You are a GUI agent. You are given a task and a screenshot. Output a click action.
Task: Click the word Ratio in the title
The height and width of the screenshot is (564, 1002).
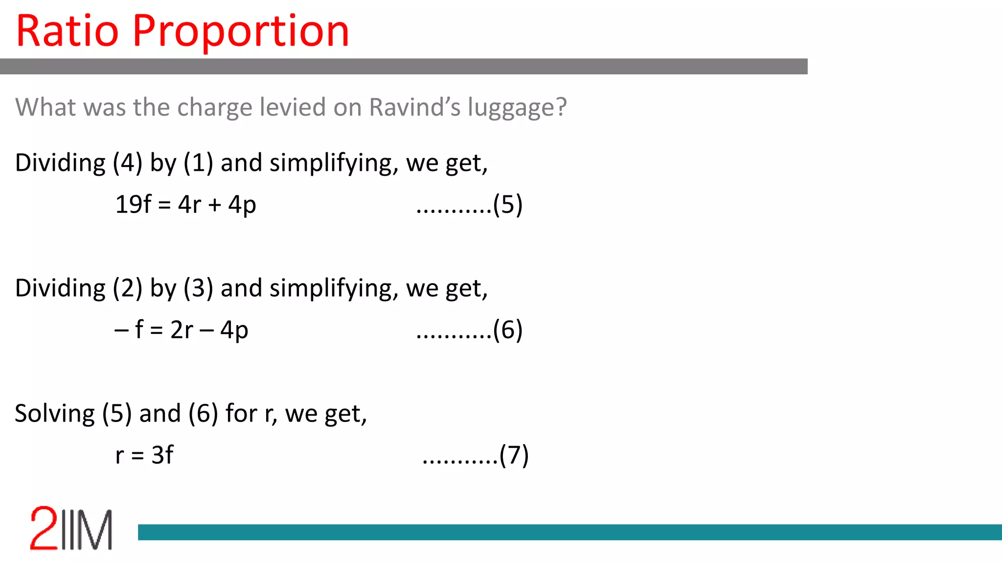[68, 31]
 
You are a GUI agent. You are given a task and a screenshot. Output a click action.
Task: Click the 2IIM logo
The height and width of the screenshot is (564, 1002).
[71, 529]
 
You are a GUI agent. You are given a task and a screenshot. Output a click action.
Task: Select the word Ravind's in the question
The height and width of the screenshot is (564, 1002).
[414, 107]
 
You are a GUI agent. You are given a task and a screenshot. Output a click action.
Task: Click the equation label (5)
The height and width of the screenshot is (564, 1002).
[508, 205]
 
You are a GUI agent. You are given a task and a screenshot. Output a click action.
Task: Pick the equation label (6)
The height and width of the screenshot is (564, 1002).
[508, 330]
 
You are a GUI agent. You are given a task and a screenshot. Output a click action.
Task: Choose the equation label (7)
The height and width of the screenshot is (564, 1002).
[514, 455]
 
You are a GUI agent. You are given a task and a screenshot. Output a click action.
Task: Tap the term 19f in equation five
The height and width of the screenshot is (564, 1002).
[133, 205]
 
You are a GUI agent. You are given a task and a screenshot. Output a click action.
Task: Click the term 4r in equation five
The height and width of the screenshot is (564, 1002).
[189, 205]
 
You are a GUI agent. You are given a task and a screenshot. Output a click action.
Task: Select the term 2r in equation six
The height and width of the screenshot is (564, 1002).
[182, 330]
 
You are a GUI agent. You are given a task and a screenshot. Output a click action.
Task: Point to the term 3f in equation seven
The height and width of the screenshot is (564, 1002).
[162, 455]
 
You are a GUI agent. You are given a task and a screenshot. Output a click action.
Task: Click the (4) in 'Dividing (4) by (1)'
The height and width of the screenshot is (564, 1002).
[128, 163]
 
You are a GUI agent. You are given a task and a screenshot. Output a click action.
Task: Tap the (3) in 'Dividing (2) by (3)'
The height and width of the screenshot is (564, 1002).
[198, 288]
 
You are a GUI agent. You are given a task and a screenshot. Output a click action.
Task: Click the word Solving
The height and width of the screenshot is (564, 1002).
[55, 414]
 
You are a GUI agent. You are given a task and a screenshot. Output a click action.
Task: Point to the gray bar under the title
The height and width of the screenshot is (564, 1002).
[404, 67]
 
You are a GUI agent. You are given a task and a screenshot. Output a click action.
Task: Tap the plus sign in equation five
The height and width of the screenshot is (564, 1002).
[215, 205]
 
